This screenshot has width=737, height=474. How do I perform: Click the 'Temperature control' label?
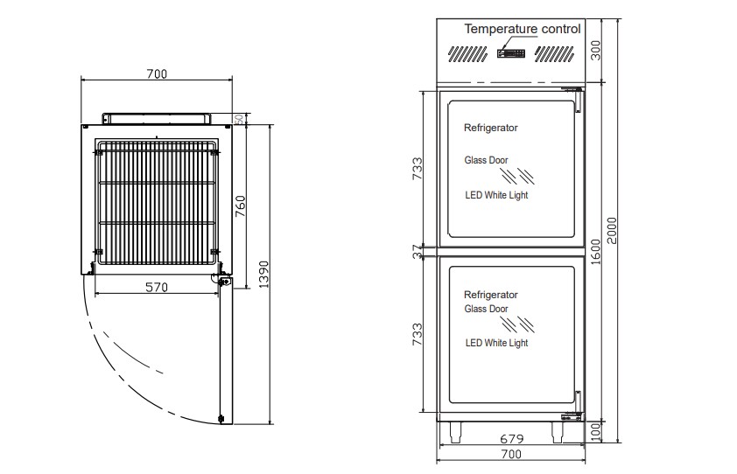coord(523,29)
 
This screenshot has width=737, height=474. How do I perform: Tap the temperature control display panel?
coord(511,53)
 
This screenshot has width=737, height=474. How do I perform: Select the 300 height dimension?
coord(595,50)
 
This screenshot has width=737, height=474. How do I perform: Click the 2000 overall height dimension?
coord(612,231)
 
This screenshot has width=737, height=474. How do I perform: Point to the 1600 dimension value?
coord(595,252)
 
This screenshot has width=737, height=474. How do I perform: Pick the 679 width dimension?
coord(511,439)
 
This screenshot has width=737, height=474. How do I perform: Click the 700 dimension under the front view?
coord(511,454)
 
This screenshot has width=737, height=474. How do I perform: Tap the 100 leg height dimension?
coord(595,432)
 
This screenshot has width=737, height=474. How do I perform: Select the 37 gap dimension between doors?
coord(417,252)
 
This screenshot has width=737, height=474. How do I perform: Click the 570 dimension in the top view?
coord(157,287)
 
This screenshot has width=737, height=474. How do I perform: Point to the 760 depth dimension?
coord(240,206)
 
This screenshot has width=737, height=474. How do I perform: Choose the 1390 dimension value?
coord(263,275)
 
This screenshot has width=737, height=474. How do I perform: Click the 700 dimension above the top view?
coord(157,73)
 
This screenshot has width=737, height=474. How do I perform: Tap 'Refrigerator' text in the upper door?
coord(491,128)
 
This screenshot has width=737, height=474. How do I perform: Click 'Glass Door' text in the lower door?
coord(486,309)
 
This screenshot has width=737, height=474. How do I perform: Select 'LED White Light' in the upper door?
coord(496,195)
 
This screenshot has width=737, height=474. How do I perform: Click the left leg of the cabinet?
coord(455,432)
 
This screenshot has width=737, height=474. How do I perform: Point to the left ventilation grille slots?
coord(467,53)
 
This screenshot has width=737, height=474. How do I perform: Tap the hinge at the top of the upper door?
coord(572,89)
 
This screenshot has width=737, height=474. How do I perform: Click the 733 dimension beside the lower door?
coord(417,334)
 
